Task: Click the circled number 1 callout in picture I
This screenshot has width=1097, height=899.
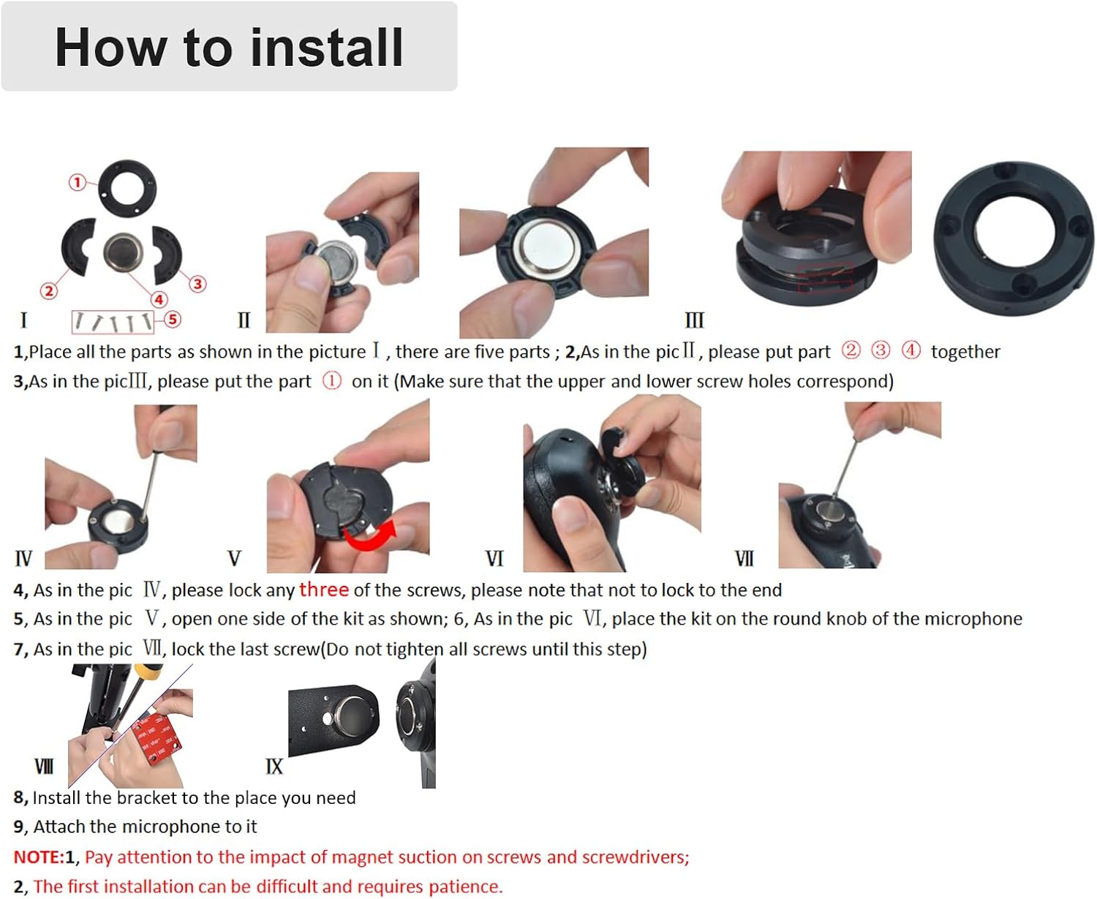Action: (78, 182)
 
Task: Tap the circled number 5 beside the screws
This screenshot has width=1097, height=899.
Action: (173, 319)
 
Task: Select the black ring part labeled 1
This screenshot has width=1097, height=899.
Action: (127, 188)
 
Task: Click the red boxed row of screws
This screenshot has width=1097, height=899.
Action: (113, 322)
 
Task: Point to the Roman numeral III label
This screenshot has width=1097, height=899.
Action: (694, 320)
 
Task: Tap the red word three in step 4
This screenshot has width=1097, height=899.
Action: (323, 590)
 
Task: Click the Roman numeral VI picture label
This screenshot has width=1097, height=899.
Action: (494, 559)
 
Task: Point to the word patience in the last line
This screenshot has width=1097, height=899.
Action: (465, 887)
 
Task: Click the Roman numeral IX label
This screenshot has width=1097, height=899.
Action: (274, 767)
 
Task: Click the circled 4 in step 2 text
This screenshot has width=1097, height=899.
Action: (911, 350)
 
